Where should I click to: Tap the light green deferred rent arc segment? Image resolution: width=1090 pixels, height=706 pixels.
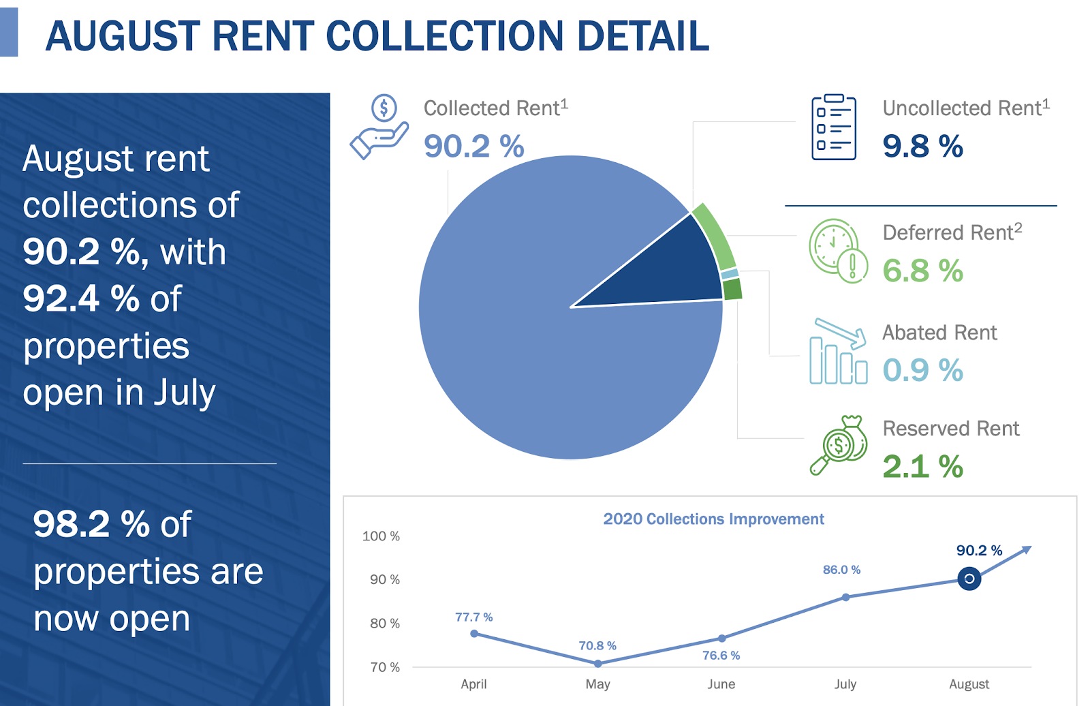pos(715,236)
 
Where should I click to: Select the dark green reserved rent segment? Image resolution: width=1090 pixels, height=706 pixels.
pos(732,289)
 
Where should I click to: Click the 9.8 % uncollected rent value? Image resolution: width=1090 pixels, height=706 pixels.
pos(922,146)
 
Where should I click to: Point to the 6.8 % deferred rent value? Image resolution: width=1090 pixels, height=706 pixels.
pos(922,271)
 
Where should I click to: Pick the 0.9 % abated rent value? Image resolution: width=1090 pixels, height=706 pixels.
pos(922,370)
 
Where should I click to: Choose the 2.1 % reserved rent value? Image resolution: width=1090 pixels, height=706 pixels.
pos(922,467)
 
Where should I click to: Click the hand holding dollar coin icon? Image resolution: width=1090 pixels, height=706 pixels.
pos(379,127)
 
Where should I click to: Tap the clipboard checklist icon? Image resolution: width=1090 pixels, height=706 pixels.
pos(833,127)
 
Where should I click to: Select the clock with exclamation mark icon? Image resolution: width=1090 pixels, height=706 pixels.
pos(838,251)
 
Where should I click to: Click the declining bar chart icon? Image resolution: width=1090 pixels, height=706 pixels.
pos(838,352)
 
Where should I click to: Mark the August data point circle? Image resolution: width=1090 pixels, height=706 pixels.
pos(969,579)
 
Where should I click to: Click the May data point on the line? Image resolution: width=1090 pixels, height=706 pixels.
pos(597,663)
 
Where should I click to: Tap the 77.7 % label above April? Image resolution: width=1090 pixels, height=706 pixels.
pos(473,617)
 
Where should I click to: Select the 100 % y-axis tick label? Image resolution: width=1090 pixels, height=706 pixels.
pos(381,536)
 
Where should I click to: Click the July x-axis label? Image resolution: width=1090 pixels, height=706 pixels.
pos(845,684)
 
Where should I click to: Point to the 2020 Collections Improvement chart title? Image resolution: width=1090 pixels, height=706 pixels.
pos(713,519)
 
